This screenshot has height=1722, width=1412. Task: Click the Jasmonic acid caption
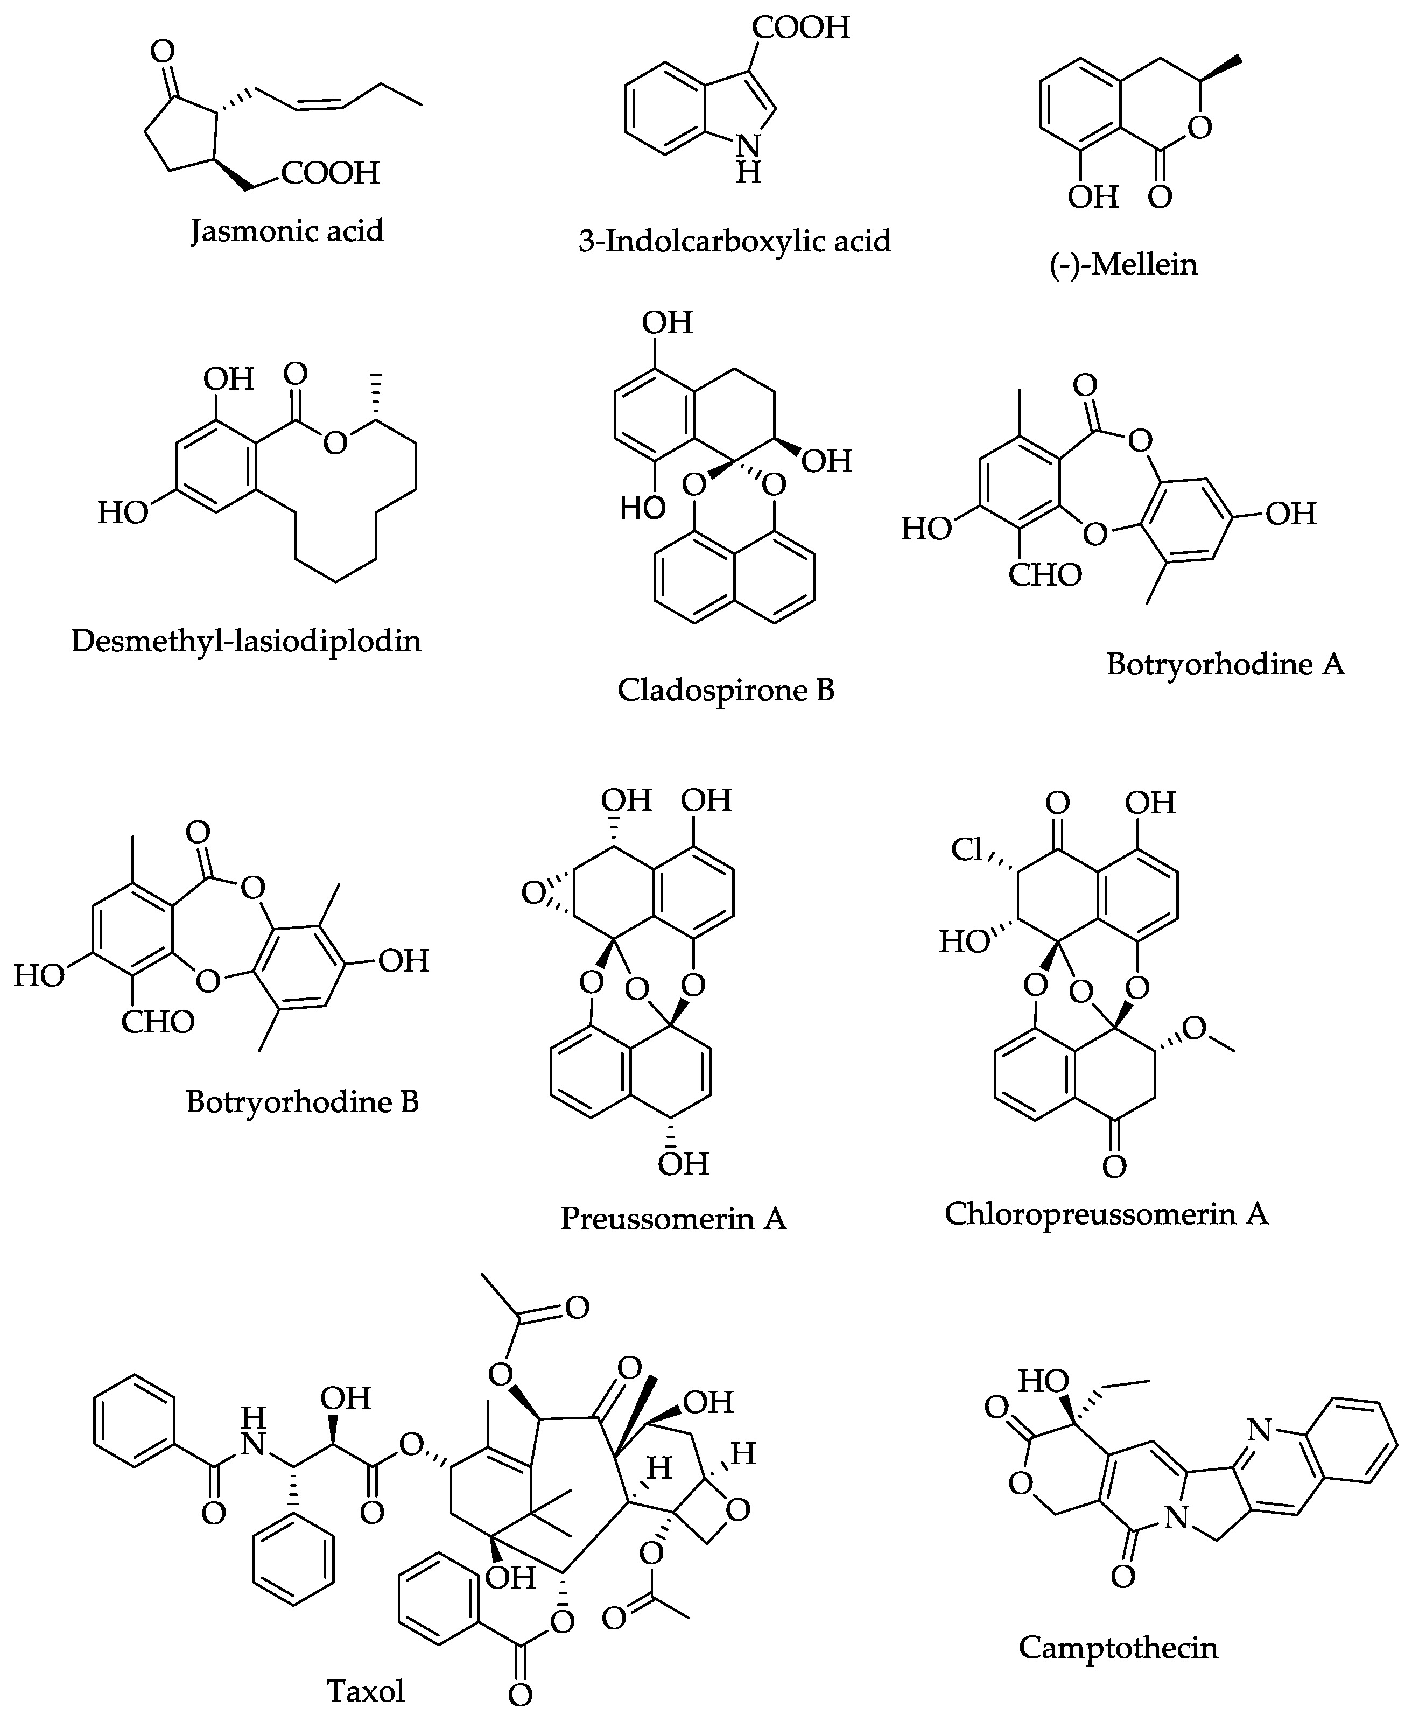click(286, 231)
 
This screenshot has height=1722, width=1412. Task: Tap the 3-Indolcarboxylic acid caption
click(734, 241)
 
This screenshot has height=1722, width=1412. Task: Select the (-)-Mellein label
click(1123, 264)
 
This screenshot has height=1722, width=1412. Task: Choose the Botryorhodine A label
click(1225, 665)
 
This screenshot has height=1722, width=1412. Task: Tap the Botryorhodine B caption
click(302, 1101)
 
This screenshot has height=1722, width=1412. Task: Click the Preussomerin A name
click(673, 1218)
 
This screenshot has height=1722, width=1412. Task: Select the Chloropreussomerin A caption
click(1106, 1214)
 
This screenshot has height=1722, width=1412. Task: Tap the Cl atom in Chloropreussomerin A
click(968, 850)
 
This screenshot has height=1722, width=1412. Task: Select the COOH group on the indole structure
click(800, 27)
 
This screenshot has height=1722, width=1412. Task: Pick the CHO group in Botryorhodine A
click(1045, 575)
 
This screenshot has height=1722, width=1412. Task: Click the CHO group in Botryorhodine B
click(158, 1022)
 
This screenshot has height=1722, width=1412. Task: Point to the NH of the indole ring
click(748, 159)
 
